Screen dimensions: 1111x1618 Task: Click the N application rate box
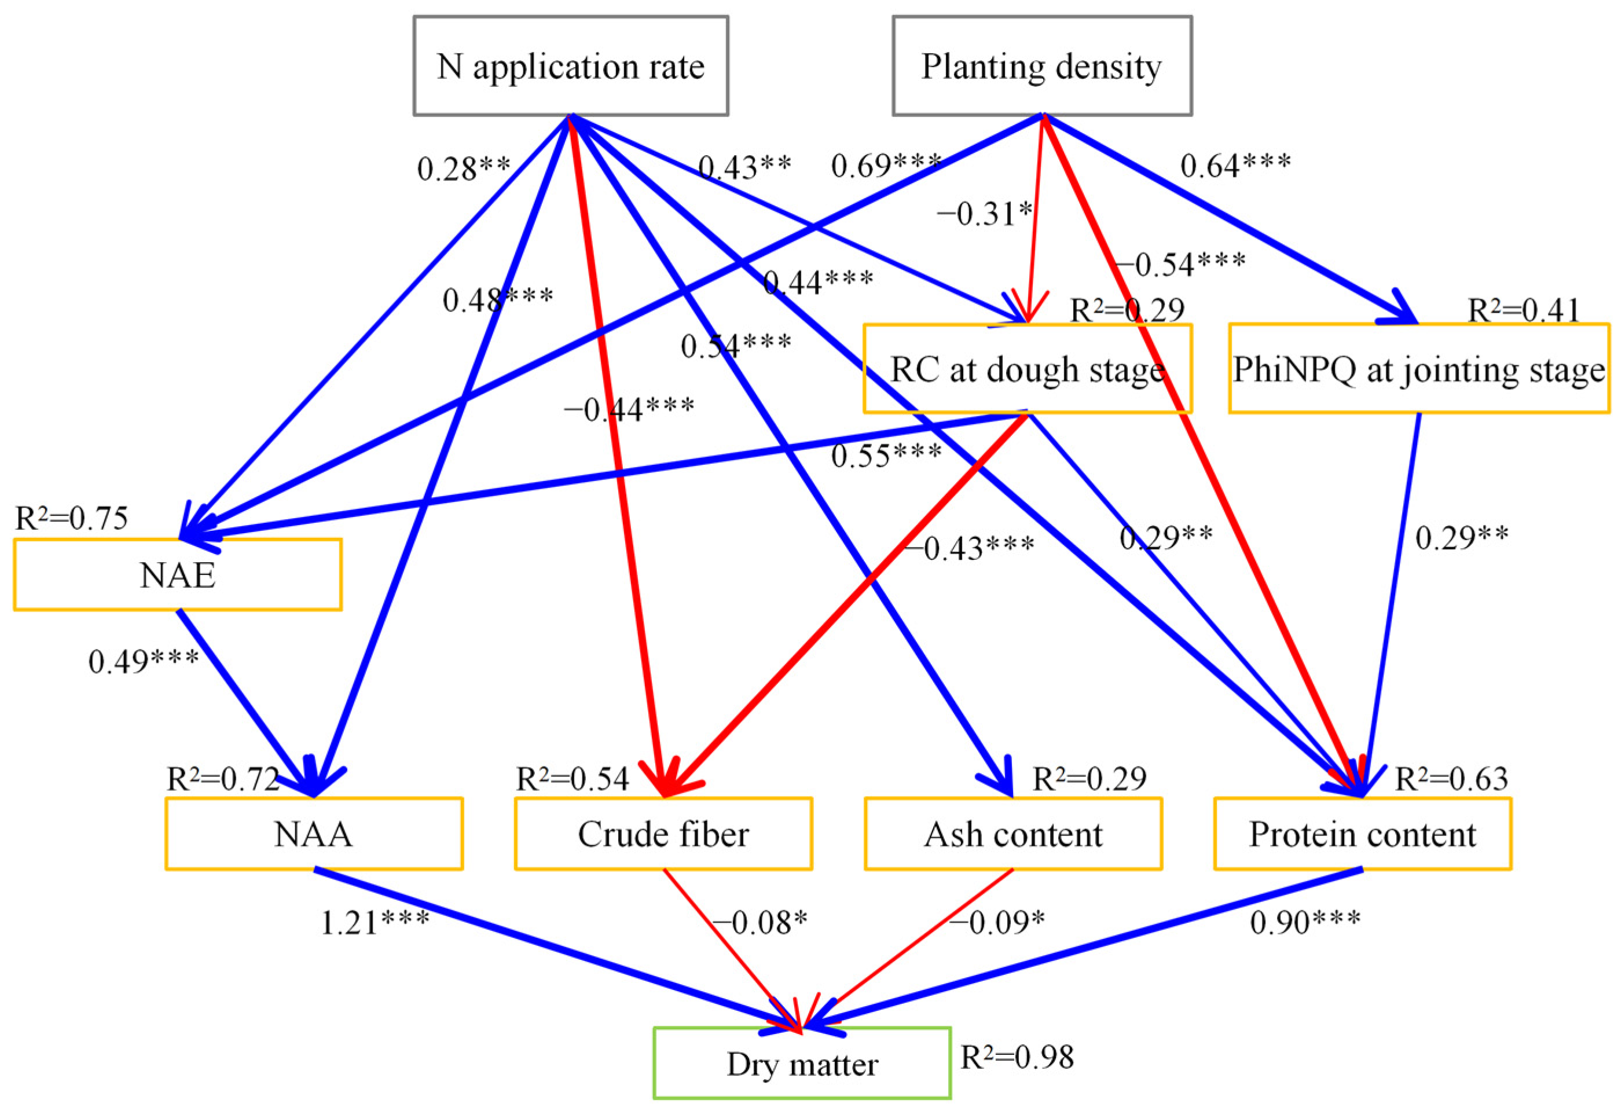571,66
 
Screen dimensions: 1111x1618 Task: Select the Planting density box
1041,66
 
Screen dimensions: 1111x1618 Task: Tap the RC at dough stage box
1028,369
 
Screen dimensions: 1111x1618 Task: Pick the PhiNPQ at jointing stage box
1419,369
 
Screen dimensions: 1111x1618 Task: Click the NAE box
178,575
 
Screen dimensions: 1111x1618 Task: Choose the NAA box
314,833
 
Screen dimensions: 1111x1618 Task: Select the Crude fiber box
663,833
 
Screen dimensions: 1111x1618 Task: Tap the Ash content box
1013,833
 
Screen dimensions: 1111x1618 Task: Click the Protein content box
1363,833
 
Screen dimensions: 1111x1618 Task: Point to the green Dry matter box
802,1063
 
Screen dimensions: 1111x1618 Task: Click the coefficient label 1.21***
375,923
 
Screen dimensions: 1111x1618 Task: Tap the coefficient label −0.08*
760,923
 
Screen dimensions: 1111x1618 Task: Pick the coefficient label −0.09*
997,923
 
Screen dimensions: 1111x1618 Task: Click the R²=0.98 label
1017,1057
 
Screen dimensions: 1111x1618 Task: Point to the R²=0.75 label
72,519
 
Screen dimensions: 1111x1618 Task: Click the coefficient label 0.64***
1236,166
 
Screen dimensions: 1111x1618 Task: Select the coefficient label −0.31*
984,214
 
